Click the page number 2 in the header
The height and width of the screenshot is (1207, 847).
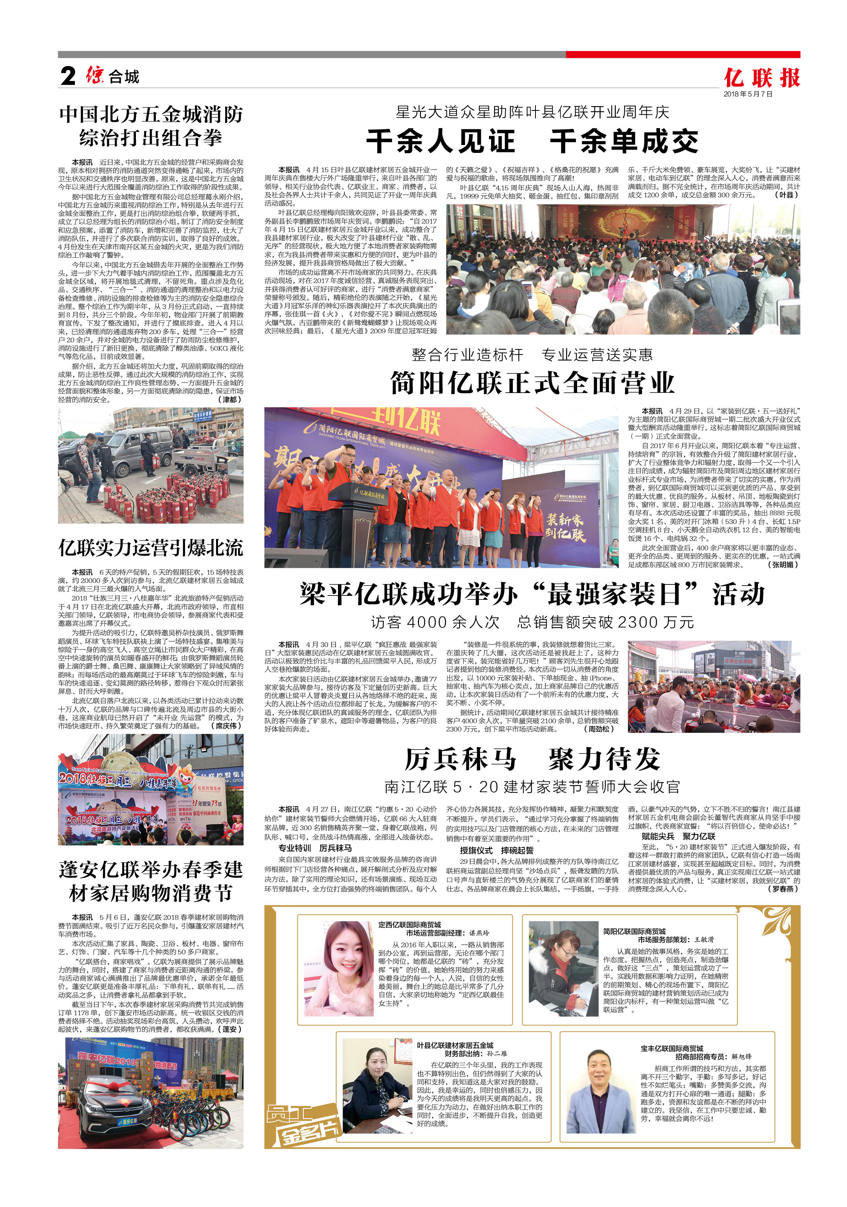point(68,76)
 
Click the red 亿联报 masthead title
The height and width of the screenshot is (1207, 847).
point(761,78)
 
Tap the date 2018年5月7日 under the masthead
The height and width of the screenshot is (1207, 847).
point(748,94)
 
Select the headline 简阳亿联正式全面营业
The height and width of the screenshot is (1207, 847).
point(532,383)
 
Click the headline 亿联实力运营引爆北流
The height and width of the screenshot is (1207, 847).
point(151,548)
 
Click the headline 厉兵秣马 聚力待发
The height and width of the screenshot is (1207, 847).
point(532,759)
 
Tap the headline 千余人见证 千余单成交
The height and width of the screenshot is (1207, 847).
point(532,141)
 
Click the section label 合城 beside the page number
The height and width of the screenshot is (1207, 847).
point(124,77)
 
